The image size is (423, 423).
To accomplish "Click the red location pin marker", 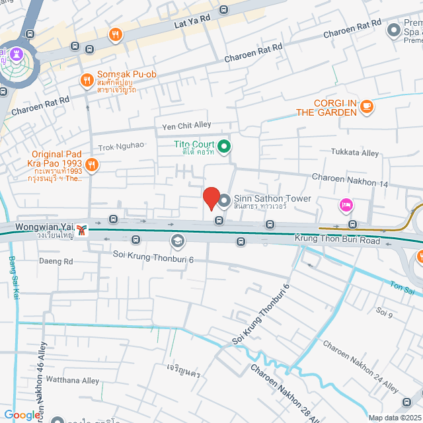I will point(211,198).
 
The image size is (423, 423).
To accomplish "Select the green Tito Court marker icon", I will point(223,145).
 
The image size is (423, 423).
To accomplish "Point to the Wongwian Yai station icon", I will point(82,229).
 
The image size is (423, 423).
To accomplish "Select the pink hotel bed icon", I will point(344,206).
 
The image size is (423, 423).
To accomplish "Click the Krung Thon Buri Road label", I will point(338,241).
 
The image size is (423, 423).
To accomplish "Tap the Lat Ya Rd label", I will point(192,23).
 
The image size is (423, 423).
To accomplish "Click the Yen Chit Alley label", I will point(186,126).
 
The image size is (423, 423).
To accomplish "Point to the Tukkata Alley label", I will point(355,153).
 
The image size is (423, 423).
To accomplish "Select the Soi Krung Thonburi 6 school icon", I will point(176,241).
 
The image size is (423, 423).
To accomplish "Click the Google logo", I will point(22,414).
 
